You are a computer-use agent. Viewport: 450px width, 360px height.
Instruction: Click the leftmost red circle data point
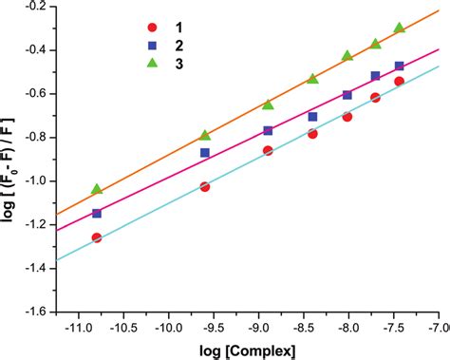point(96,237)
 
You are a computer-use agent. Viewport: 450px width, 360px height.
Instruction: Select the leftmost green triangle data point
point(96,189)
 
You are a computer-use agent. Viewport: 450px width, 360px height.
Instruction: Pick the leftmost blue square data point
point(96,214)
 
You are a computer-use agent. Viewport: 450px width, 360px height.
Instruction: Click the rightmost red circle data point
point(399,82)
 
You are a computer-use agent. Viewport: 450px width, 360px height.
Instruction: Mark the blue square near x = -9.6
point(204,152)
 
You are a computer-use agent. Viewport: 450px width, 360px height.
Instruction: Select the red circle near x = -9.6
point(204,187)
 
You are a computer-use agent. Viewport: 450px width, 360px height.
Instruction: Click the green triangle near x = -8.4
point(312,79)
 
